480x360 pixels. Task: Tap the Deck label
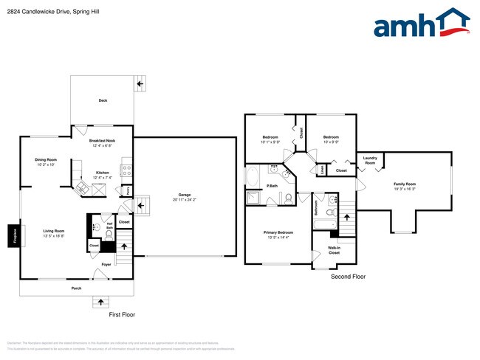pos(103,100)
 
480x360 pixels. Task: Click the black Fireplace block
pos(13,236)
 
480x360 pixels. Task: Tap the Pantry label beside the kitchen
pos(128,190)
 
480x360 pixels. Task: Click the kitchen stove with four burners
pos(126,170)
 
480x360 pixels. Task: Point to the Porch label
pos(76,288)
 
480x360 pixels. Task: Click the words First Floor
pos(122,315)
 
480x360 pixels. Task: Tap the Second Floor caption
pos(349,277)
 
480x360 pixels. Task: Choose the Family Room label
pos(404,186)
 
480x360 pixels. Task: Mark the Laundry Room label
pos(370,160)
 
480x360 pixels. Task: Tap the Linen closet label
pos(323,170)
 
